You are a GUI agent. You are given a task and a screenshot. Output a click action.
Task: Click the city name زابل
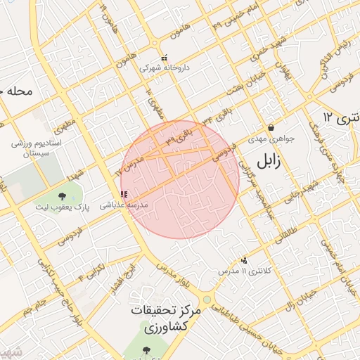(x=268, y=161)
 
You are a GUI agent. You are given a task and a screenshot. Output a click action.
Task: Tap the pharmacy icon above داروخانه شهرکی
(x=164, y=58)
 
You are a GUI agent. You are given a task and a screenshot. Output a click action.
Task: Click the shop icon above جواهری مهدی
(x=271, y=128)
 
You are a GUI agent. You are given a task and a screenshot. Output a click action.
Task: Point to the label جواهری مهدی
(x=265, y=139)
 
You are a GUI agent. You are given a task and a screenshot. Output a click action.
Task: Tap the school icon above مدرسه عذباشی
(x=124, y=194)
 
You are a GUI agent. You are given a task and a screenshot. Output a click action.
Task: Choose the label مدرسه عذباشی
(x=122, y=205)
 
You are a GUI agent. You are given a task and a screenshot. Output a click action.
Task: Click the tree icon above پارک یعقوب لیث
(x=62, y=196)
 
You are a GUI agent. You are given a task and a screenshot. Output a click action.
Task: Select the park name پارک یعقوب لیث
(x=63, y=208)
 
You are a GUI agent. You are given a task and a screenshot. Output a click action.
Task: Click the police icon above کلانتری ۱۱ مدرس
(x=244, y=260)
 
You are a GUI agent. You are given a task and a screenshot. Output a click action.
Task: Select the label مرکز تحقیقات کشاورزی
(x=166, y=319)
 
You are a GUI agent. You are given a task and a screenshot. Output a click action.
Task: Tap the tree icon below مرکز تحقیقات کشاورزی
(x=146, y=350)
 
